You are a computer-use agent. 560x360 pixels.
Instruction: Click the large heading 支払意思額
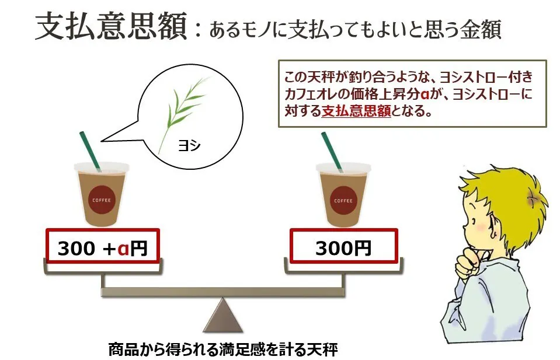click(112, 26)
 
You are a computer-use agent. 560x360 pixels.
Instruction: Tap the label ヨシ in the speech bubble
click(189, 145)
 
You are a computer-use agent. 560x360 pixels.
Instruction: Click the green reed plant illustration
click(182, 111)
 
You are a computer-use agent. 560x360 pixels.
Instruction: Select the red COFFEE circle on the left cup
click(102, 200)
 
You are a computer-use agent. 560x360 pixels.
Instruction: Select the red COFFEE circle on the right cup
click(343, 201)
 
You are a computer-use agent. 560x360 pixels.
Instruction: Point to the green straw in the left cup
click(90, 151)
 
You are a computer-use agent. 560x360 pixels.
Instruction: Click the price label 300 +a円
click(103, 248)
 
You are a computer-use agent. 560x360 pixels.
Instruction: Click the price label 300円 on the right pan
click(343, 247)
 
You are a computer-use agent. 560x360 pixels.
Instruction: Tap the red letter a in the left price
click(123, 249)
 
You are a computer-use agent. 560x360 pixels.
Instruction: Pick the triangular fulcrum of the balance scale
click(223, 314)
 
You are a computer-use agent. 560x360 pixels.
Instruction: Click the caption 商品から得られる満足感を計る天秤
click(223, 349)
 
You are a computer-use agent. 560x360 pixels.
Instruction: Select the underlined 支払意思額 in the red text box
click(356, 111)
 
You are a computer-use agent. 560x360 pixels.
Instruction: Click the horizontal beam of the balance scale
click(223, 292)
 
